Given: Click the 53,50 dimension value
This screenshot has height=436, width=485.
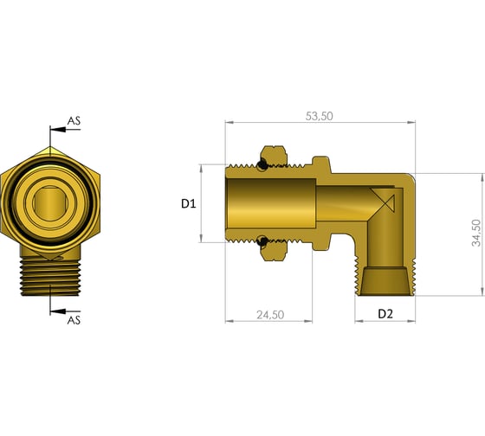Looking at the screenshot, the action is [320, 116].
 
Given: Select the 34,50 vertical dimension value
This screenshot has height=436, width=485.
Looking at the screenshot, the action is [476, 233].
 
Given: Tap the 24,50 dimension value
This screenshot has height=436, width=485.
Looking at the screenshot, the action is [270, 315].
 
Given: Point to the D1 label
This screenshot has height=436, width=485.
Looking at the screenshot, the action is [189, 203].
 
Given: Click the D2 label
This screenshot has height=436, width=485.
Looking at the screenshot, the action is [385, 314].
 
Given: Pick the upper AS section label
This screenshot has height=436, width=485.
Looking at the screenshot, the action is [74, 120].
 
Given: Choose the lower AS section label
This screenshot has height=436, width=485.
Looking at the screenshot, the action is [74, 320].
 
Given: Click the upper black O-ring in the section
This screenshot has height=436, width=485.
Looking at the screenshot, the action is [262, 164].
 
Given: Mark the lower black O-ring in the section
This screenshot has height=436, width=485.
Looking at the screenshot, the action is [262, 241].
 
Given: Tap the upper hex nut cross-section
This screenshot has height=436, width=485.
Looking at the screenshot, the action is [274, 156].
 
